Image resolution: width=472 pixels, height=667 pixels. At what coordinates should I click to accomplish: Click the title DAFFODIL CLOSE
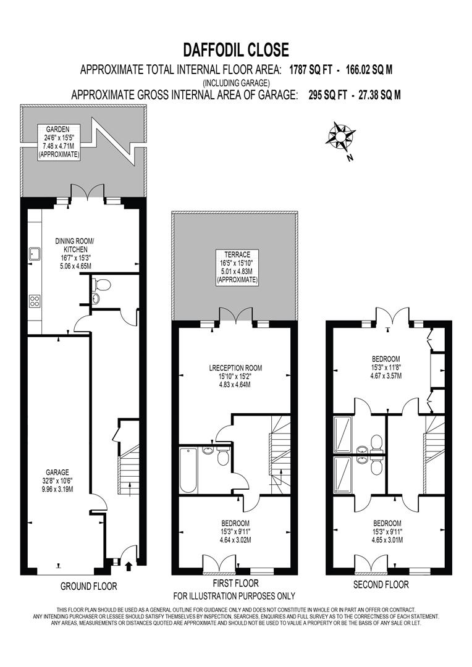[236, 49]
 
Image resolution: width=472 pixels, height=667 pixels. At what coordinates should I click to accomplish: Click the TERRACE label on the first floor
[237, 254]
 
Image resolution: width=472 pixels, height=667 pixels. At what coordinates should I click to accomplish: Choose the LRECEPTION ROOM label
[235, 368]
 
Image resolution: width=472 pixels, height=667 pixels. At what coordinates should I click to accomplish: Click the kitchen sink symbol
[33, 254]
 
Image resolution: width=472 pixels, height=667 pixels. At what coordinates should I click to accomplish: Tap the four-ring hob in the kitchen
[35, 301]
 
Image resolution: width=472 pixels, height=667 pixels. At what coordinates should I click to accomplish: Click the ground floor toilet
[101, 285]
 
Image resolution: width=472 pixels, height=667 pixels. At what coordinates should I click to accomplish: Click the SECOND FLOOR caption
[381, 584]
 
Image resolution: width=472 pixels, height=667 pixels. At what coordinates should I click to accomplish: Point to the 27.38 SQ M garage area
[373, 95]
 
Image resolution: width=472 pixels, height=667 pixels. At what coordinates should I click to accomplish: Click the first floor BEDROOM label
[235, 522]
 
